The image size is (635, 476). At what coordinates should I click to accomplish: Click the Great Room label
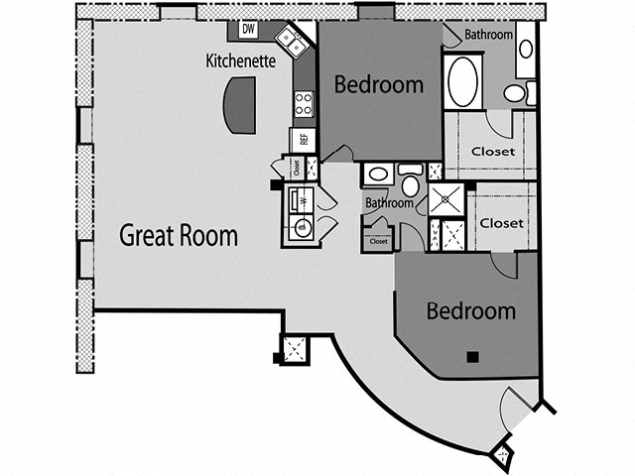[179, 236]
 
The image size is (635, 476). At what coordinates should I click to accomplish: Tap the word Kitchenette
[239, 60]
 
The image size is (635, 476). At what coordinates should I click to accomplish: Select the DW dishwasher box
[248, 30]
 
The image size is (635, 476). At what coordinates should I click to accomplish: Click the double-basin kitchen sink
[291, 42]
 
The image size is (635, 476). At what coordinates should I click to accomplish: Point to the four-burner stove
[304, 103]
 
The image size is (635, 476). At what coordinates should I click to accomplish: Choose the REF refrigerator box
[303, 140]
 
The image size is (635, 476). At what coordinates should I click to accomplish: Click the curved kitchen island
[239, 106]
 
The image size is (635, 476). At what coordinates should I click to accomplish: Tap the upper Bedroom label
[378, 84]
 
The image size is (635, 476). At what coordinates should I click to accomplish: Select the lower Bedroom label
[470, 310]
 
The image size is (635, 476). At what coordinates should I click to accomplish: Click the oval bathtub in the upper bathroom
[463, 81]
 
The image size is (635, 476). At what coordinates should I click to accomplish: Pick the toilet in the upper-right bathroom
[515, 93]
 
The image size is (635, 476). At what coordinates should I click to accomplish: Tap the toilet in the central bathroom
[410, 183]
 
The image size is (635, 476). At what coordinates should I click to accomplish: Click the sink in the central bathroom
[377, 175]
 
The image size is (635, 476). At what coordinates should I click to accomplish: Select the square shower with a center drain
[446, 198]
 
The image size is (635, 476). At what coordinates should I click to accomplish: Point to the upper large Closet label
[493, 152]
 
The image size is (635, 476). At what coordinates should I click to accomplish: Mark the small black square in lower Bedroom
[473, 356]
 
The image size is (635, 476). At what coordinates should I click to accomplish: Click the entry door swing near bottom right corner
[516, 407]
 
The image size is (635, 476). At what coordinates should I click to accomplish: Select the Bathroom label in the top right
[488, 35]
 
